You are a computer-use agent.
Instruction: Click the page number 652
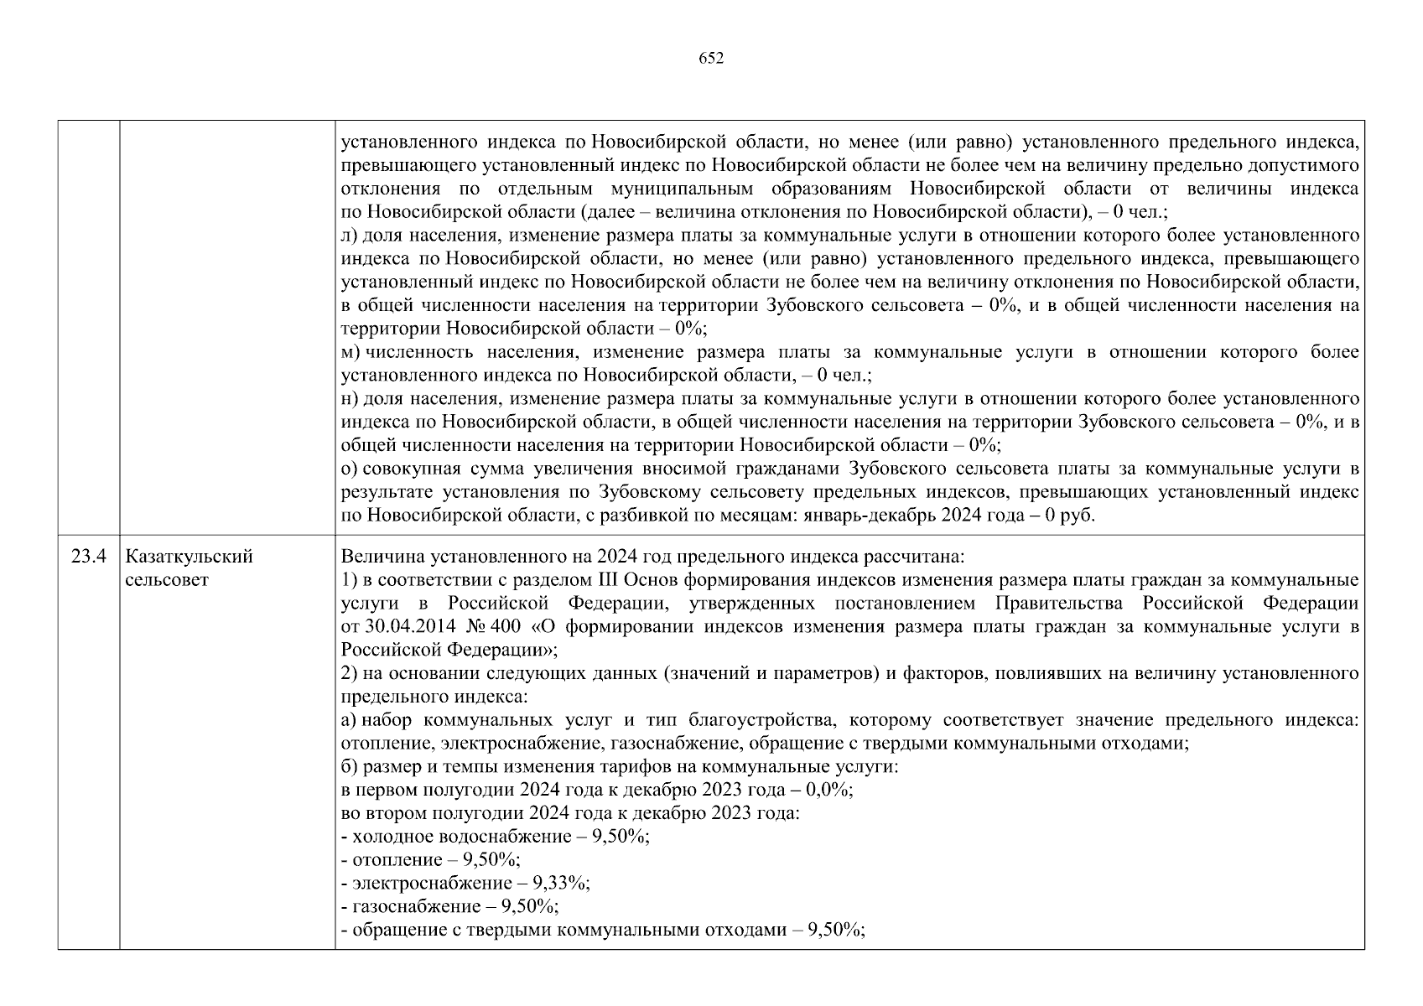[x=710, y=58]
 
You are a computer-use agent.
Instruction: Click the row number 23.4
[x=88, y=557]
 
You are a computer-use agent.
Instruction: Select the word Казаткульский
[x=189, y=557]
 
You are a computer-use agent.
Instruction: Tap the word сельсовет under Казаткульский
[x=166, y=580]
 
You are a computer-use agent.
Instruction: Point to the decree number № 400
[x=497, y=627]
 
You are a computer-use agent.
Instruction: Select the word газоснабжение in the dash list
[x=409, y=906]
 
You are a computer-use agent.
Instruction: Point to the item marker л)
[x=351, y=236]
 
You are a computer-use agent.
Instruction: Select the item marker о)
[x=351, y=469]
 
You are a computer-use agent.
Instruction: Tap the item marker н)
[x=351, y=399]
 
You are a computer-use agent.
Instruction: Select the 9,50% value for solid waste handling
[x=835, y=930]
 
